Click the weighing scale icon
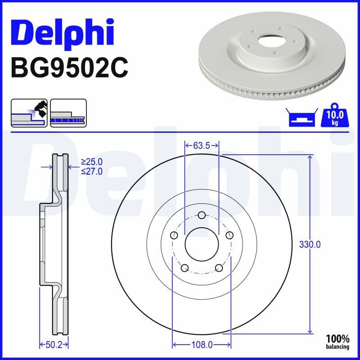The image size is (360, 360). [301, 118]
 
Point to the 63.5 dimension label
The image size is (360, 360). [202, 145]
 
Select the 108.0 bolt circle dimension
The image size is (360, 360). [202, 345]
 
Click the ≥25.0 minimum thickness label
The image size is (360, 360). [92, 161]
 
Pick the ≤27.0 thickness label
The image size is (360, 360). [92, 171]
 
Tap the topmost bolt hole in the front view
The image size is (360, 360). [202, 215]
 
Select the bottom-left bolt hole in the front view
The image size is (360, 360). [184, 268]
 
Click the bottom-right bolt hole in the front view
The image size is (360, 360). [219, 268]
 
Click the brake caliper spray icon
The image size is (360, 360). [29, 112]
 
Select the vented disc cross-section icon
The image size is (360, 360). [68, 112]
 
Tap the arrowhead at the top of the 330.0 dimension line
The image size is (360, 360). [310, 157]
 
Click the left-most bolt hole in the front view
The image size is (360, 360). [173, 235]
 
